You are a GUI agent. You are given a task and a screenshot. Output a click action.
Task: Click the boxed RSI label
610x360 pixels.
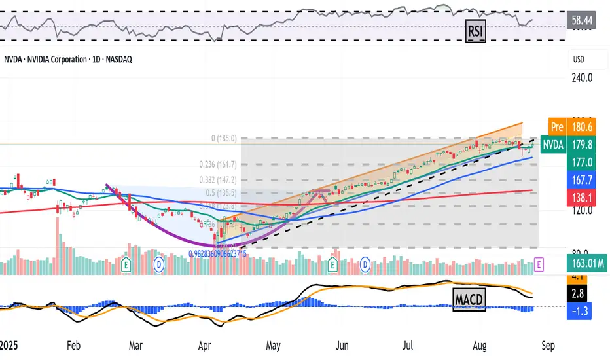[x=475, y=29]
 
